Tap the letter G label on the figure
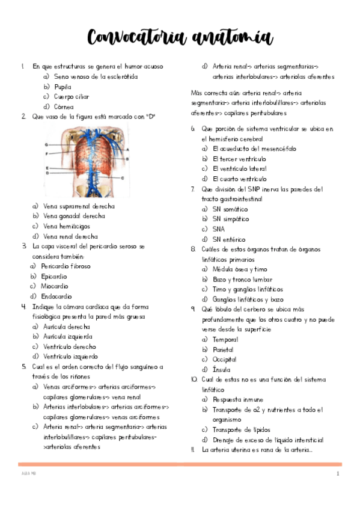pyautogui.click(x=46, y=145)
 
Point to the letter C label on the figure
pyautogui.click(x=123, y=178)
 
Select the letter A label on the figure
pyautogui.click(x=127, y=148)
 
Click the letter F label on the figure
pyautogui.click(x=46, y=154)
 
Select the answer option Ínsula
pyautogui.click(x=221, y=369)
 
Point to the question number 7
pyautogui.click(x=192, y=189)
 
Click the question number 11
pyautogui.click(x=192, y=449)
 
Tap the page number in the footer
pyautogui.click(x=338, y=475)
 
